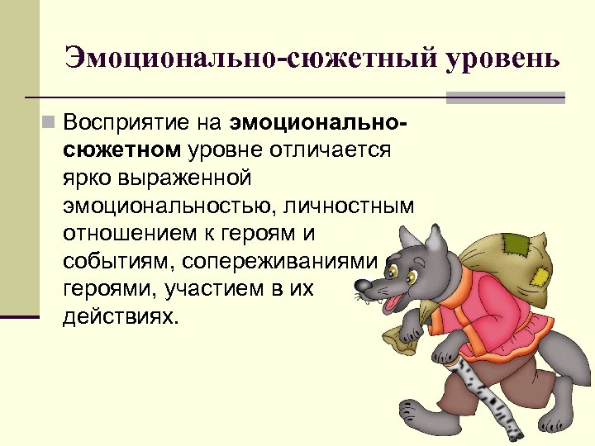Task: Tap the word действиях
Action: coord(120,316)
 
